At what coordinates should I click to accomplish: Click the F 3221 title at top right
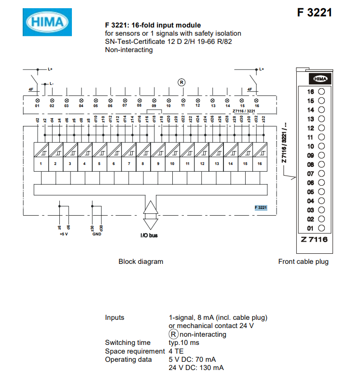pyautogui.click(x=314, y=13)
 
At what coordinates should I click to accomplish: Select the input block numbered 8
pyautogui.click(x=143, y=158)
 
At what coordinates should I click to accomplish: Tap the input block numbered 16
pyautogui.click(x=260, y=158)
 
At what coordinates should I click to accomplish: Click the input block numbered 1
pyautogui.click(x=41, y=158)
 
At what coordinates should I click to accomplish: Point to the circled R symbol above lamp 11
pyautogui.click(x=182, y=82)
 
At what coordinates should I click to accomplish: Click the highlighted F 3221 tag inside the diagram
pyautogui.click(x=261, y=207)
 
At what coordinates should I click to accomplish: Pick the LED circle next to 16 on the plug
pyautogui.click(x=321, y=92)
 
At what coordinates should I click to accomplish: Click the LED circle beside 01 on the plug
pyautogui.click(x=321, y=228)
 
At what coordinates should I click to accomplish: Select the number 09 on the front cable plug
pyautogui.click(x=311, y=155)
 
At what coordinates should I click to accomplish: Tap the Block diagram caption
pyautogui.click(x=141, y=261)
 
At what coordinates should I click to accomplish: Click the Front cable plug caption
pyautogui.click(x=304, y=261)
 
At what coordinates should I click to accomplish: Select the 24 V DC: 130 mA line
pyautogui.click(x=196, y=368)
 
